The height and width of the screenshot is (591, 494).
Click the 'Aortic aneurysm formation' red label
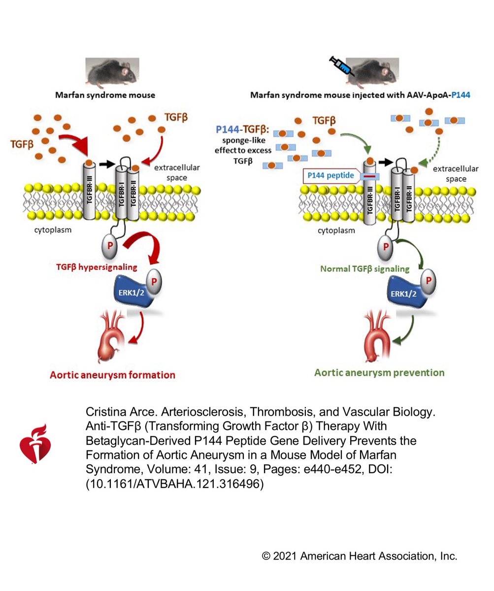tap(112, 375)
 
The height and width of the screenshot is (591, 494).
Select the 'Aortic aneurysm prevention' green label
tap(379, 372)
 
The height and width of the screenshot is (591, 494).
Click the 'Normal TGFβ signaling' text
tap(364, 269)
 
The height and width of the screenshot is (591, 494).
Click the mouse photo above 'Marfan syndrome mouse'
tap(112, 72)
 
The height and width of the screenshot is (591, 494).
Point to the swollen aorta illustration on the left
tap(111, 340)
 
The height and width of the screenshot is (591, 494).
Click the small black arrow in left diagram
tap(104, 162)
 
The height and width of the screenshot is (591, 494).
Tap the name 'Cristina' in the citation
tap(104, 412)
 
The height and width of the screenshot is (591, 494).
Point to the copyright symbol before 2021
tap(266, 556)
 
